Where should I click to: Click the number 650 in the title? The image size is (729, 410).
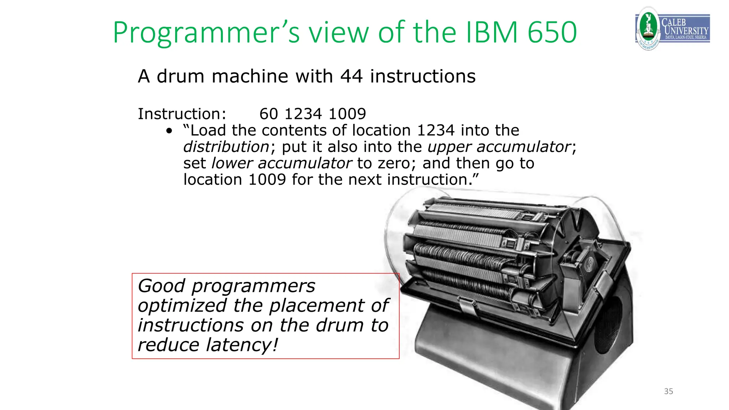tap(552, 32)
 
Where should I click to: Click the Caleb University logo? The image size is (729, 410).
tap(672, 28)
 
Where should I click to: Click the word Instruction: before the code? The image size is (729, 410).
tap(182, 114)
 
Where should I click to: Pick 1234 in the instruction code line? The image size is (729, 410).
tap(303, 114)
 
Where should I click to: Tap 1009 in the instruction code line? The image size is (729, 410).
tap(347, 114)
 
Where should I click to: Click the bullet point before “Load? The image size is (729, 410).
tap(169, 131)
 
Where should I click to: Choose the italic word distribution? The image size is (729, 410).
tap(226, 147)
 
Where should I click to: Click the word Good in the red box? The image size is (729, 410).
tap(162, 286)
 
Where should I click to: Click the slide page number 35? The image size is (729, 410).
tap(668, 391)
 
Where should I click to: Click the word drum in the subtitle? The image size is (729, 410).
tap(180, 76)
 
